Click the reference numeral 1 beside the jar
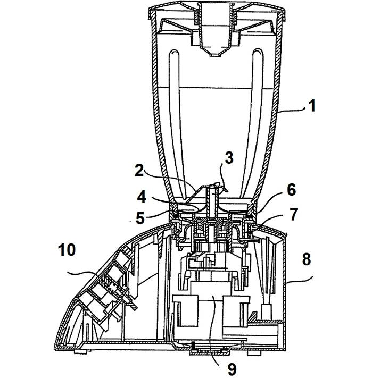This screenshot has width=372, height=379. [x=312, y=106]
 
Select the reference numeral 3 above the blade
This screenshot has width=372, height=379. [x=229, y=158]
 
